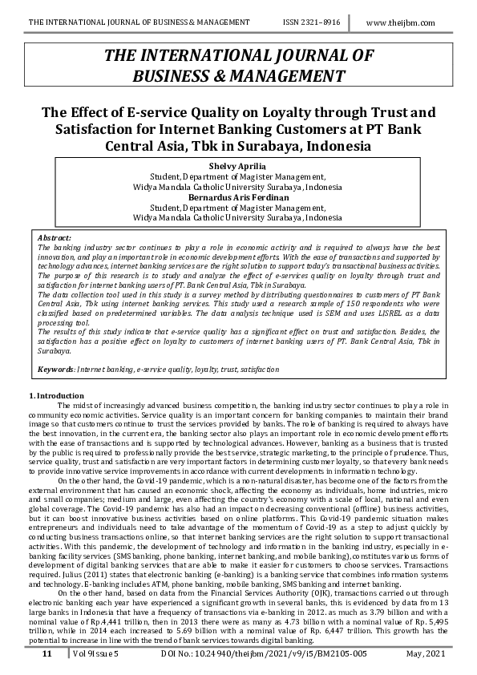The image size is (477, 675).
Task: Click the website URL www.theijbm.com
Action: click(x=400, y=23)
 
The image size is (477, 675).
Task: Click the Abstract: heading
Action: click(x=55, y=238)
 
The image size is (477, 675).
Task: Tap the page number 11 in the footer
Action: click(x=47, y=654)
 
